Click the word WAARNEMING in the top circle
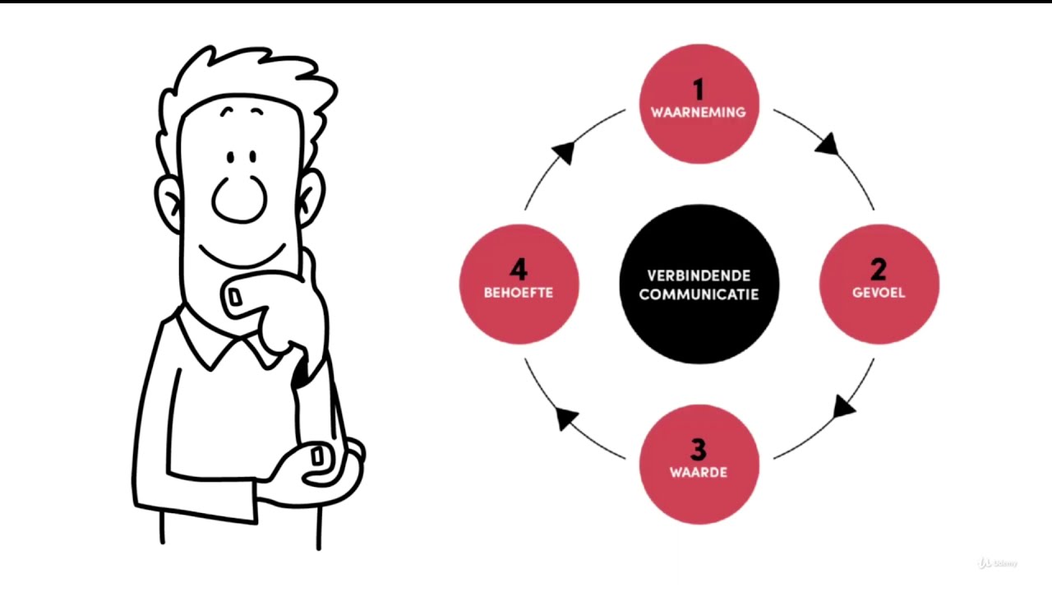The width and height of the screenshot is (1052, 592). (699, 113)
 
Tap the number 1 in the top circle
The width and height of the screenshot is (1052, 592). (699, 90)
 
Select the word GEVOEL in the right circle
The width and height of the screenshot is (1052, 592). (879, 292)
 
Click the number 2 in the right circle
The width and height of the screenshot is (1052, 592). (879, 269)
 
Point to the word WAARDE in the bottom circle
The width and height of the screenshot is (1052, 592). (699, 472)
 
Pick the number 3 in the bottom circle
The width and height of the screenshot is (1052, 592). (699, 450)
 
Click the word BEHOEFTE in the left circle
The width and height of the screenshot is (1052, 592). (519, 292)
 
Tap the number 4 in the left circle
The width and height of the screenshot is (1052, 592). (518, 269)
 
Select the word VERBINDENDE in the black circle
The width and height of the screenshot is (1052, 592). (699, 275)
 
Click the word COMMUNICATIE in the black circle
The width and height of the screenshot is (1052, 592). (699, 294)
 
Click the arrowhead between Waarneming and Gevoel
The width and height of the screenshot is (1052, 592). (827, 146)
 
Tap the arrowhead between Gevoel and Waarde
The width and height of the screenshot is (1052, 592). (844, 406)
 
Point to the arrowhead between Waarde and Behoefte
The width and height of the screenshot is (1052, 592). (566, 419)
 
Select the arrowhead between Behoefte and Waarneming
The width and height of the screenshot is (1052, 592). (564, 152)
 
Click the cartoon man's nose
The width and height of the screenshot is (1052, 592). (239, 198)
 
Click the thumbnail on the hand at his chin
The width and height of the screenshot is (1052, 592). (236, 296)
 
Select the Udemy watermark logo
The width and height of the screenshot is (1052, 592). (997, 563)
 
